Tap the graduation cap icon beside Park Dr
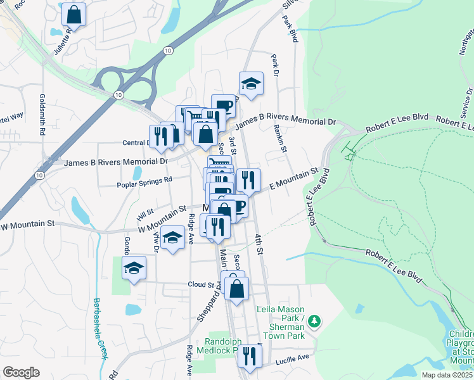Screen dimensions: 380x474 tap(251, 84)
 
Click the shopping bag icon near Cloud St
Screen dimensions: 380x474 tap(236, 288)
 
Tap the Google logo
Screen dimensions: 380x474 tap(21, 372)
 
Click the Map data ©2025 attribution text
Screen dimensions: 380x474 tap(447, 375)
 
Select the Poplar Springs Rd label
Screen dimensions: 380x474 tap(145, 179)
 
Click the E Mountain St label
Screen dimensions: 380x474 tap(293, 178)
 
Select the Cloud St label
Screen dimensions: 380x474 tap(201, 285)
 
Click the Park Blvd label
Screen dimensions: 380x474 tap(290, 28)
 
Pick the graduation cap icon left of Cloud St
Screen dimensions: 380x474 tap(134, 268)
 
